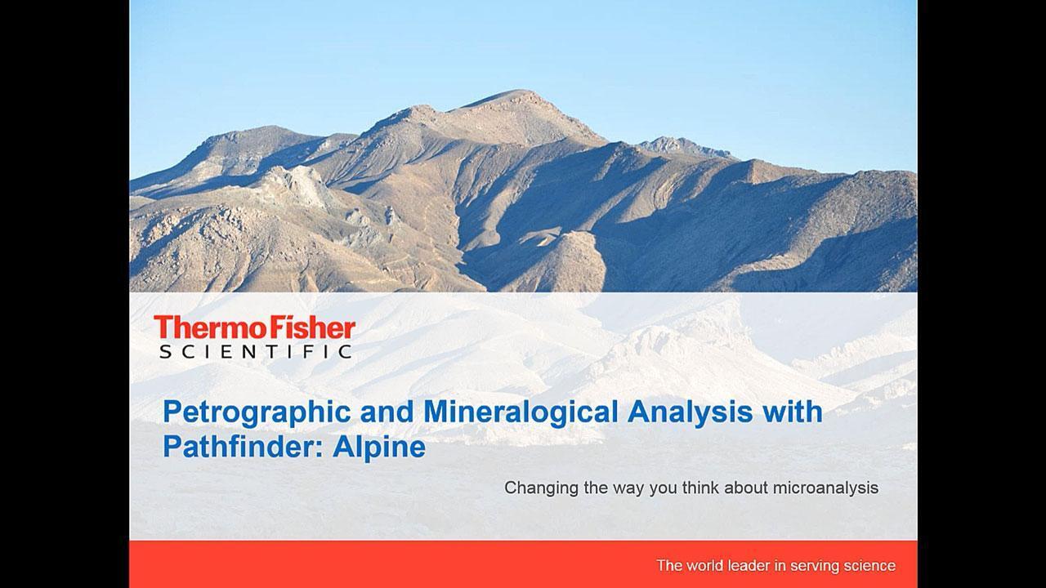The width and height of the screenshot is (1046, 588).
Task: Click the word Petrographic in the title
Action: click(x=257, y=413)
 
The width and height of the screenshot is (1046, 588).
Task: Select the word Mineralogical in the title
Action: click(x=521, y=413)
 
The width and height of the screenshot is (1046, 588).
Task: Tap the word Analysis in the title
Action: click(x=690, y=412)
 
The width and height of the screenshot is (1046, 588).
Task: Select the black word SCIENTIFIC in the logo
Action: click(x=256, y=351)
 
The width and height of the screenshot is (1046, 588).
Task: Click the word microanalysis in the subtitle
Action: click(x=825, y=488)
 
